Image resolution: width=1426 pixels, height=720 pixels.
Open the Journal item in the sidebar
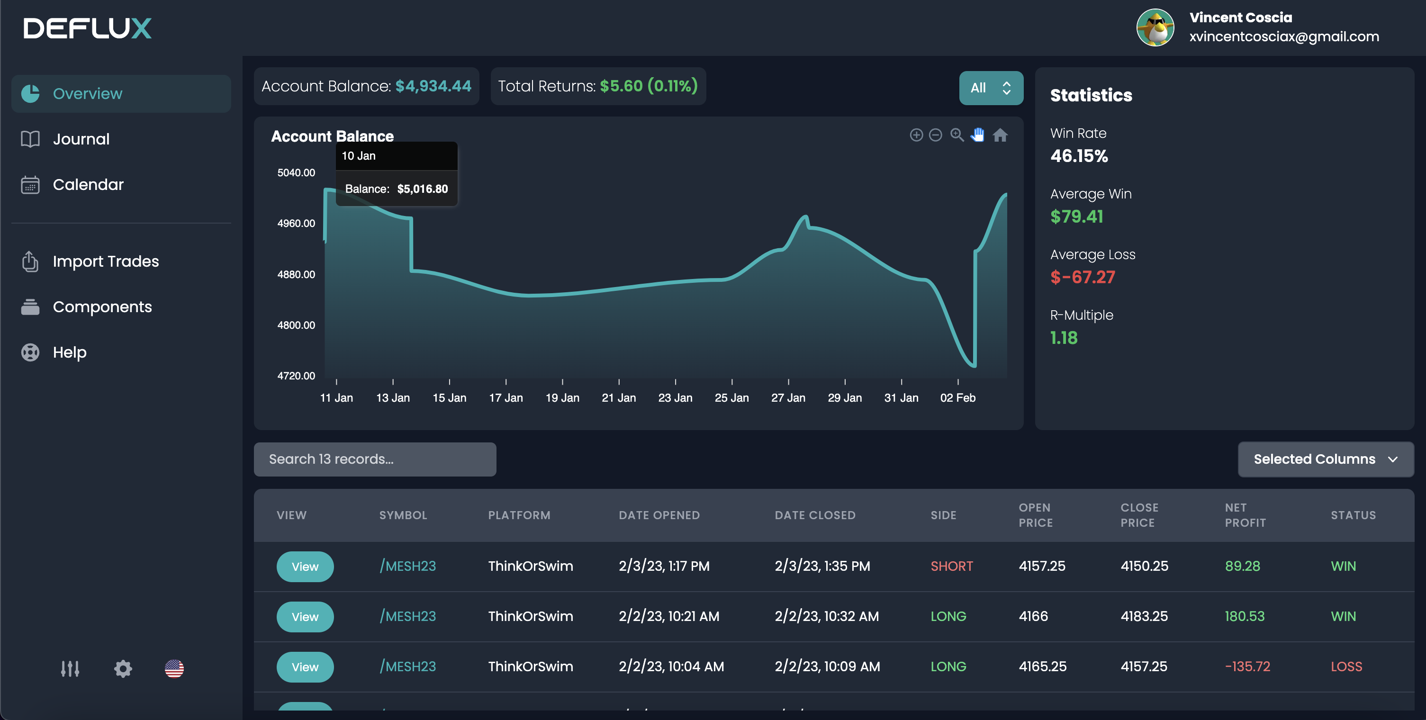[81, 139]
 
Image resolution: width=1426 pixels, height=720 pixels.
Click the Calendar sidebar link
[88, 184]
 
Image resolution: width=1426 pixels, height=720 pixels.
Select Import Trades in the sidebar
[105, 261]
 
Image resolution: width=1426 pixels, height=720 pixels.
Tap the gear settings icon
[123, 668]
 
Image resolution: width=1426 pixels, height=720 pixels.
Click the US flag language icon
[174, 668]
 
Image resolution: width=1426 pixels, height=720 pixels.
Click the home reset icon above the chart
[1000, 135]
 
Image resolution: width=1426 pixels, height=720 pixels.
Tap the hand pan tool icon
[978, 135]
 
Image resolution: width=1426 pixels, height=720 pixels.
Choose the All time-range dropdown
[990, 88]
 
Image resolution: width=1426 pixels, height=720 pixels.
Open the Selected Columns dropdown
[1325, 459]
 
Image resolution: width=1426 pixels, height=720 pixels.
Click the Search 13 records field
[375, 459]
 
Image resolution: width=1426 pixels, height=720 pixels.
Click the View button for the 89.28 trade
[305, 567]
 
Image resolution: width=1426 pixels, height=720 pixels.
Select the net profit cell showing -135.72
[1247, 666]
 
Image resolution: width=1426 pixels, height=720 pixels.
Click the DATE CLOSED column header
[815, 515]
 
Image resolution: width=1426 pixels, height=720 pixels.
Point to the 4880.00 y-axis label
[296, 274]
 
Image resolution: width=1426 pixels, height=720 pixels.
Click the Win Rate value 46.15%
[1079, 156]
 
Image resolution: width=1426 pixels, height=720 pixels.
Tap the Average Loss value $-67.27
[1082, 277]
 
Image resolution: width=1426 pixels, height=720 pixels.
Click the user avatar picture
[1155, 27]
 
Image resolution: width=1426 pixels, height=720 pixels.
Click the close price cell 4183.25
[1144, 616]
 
